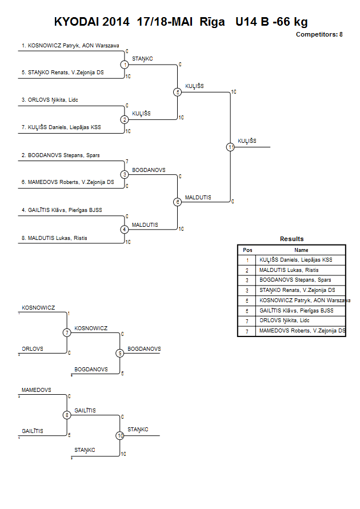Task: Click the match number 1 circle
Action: [125, 65]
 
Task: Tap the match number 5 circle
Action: [177, 92]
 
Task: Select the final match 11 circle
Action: [230, 147]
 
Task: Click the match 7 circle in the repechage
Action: [67, 332]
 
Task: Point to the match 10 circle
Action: [120, 436]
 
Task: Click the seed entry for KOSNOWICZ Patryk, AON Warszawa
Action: [70, 46]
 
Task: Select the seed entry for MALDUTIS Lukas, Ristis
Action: [54, 238]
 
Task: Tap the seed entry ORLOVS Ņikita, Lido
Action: [50, 100]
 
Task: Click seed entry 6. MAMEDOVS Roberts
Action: [68, 182]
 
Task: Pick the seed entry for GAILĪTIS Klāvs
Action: [62, 210]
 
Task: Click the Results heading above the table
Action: [292, 239]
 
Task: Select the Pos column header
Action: [247, 250]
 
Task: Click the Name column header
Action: [301, 250]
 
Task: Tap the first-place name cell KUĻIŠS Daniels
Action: [296, 260]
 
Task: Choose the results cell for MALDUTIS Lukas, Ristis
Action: [289, 270]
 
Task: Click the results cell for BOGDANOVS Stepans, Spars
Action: [295, 280]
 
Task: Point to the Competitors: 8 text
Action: [319, 34]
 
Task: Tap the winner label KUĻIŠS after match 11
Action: [247, 141]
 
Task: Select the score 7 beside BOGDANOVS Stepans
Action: [127, 161]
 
